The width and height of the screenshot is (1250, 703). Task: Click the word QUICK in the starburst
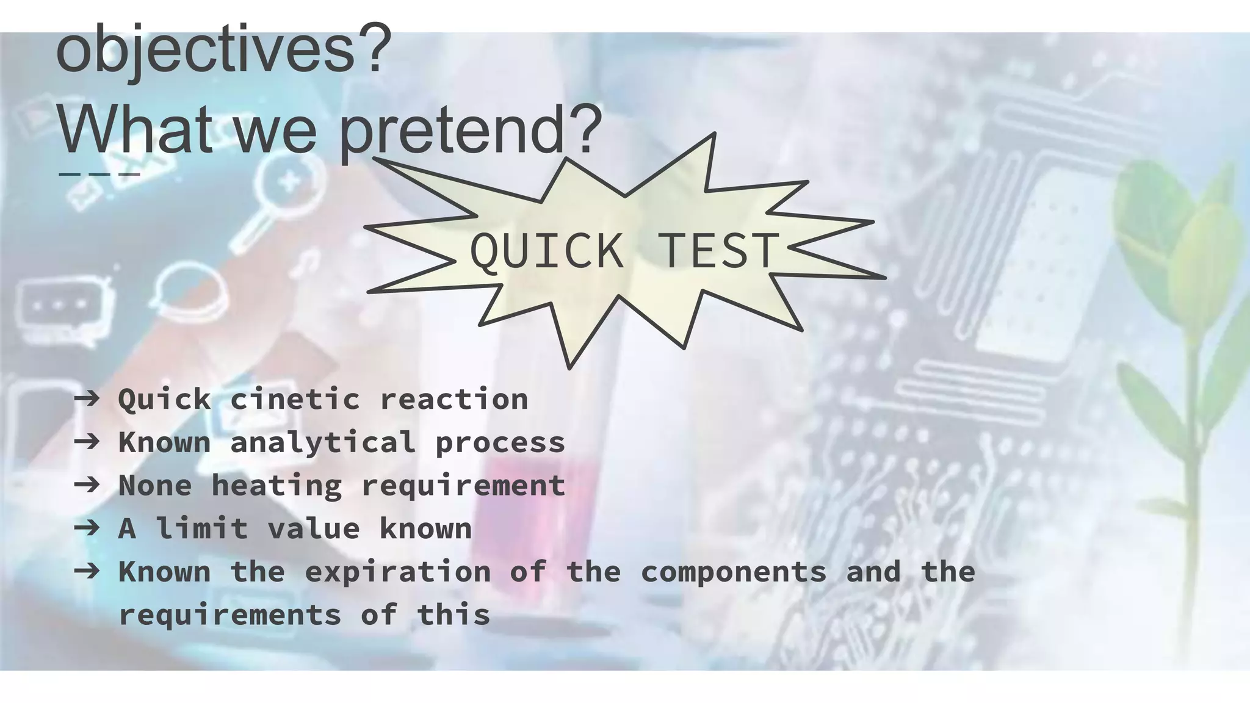point(546,251)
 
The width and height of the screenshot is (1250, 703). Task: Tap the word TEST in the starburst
point(718,251)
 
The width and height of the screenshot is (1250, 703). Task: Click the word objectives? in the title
point(223,49)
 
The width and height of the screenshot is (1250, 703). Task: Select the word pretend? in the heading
point(471,129)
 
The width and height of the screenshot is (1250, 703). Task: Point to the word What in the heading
point(135,129)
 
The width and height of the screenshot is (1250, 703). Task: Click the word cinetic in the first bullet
point(295,400)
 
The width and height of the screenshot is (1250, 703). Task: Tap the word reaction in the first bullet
point(454,400)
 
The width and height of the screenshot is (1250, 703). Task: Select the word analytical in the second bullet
point(323,442)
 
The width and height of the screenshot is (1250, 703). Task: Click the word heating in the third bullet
point(276,486)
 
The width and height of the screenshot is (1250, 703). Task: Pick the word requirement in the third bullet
point(463,486)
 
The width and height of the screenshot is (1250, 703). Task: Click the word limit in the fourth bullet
point(202,528)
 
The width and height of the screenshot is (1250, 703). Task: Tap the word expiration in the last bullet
point(397,572)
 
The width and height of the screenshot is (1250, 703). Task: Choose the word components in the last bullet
point(733,572)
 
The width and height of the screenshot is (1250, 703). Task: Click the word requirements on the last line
point(229,615)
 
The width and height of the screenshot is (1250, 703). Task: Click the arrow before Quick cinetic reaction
point(87,399)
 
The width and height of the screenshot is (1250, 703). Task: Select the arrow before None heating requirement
point(87,485)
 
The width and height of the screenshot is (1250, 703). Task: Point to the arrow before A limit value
point(87,528)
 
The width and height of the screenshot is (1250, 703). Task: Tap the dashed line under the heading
point(99,175)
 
